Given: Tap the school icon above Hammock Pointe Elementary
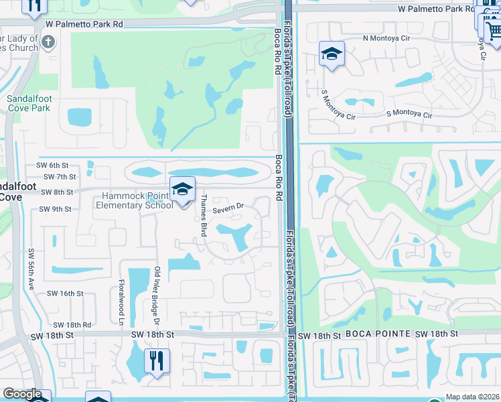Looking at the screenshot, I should click(x=182, y=190).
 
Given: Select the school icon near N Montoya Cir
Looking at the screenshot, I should click(x=332, y=55).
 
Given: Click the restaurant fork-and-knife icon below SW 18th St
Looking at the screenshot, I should click(x=157, y=361).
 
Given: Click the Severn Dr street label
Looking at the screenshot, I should click(x=228, y=210).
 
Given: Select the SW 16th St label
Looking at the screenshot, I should click(x=65, y=293).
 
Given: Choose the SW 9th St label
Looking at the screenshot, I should click(x=55, y=209).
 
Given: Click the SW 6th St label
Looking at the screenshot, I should click(x=53, y=165).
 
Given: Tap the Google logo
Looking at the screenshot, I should click(x=22, y=394).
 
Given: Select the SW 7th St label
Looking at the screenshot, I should click(x=57, y=176).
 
